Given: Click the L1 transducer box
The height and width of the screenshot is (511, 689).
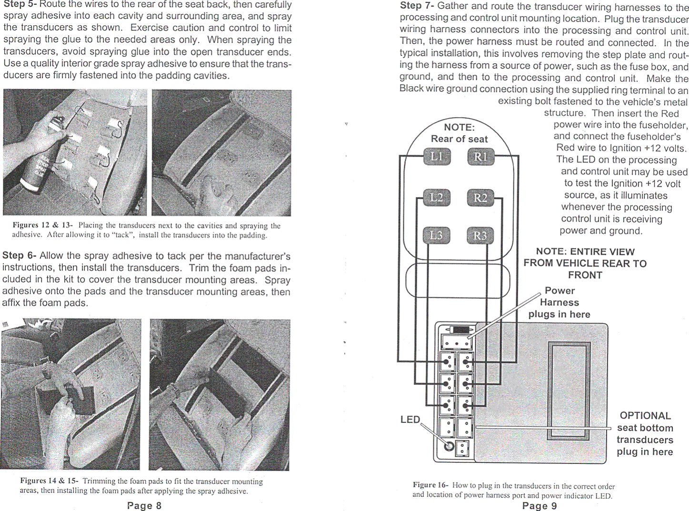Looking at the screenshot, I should [437, 157].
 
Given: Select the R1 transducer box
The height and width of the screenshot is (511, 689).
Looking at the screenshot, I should [480, 157].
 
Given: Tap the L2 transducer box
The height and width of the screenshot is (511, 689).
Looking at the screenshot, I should [437, 197].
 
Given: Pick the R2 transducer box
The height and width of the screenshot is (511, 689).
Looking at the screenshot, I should [480, 197].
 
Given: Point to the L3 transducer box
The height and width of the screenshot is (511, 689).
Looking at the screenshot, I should [437, 235].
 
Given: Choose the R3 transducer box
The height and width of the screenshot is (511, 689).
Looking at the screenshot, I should [480, 235].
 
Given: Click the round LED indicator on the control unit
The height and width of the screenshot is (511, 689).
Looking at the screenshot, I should [448, 446].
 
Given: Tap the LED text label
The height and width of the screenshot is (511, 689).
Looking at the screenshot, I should [410, 420].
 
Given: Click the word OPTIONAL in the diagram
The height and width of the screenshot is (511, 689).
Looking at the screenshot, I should [645, 416].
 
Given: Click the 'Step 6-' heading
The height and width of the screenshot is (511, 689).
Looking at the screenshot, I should [20, 256].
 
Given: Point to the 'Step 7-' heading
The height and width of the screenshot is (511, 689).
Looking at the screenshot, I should [417, 6].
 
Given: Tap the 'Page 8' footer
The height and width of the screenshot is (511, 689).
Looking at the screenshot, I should [144, 506].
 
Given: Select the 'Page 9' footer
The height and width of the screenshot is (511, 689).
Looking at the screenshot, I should [539, 506].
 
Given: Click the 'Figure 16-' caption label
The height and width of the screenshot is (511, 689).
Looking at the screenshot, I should [430, 485].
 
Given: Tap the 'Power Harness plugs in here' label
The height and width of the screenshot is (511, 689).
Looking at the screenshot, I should [559, 302].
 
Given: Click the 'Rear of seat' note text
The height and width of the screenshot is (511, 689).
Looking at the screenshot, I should [459, 139].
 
